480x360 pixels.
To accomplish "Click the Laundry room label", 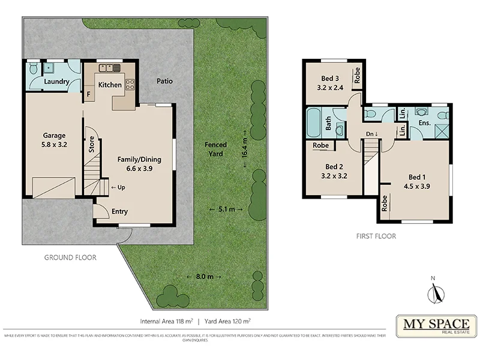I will click(56, 82).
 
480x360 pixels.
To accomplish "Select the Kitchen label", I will click(110, 85).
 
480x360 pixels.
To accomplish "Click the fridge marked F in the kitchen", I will click(89, 94).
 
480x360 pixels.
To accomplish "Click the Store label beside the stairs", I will click(92, 146).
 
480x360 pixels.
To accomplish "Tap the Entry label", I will click(120, 211).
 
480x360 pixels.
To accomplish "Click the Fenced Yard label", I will click(215, 149).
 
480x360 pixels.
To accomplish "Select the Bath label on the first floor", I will click(329, 123).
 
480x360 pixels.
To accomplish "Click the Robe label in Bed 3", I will click(357, 75).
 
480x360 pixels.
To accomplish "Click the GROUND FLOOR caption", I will click(70, 257).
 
